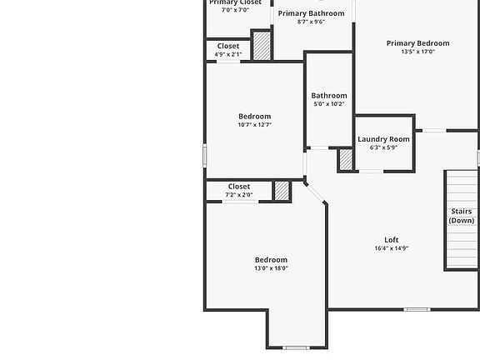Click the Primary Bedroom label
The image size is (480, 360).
417,43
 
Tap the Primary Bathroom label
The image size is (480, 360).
311,13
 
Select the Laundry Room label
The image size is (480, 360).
383,139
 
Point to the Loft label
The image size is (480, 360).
391,240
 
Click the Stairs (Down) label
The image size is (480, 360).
461,216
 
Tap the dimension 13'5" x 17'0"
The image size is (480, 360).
417,52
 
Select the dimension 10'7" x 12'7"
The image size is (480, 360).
254,125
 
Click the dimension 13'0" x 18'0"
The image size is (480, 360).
271,269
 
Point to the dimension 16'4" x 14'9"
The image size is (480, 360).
391,248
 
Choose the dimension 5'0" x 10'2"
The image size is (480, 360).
329,104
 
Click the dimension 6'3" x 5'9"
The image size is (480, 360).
383,147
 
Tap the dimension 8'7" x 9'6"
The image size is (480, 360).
311,22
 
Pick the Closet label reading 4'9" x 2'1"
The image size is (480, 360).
227,46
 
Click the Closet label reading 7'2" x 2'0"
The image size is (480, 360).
238,187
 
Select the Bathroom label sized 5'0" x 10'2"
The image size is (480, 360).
329,96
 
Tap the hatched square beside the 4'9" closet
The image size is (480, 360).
262,45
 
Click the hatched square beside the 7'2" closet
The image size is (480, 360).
282,191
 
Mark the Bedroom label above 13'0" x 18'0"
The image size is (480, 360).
271,260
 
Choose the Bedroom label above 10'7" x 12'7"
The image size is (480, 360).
254,116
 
